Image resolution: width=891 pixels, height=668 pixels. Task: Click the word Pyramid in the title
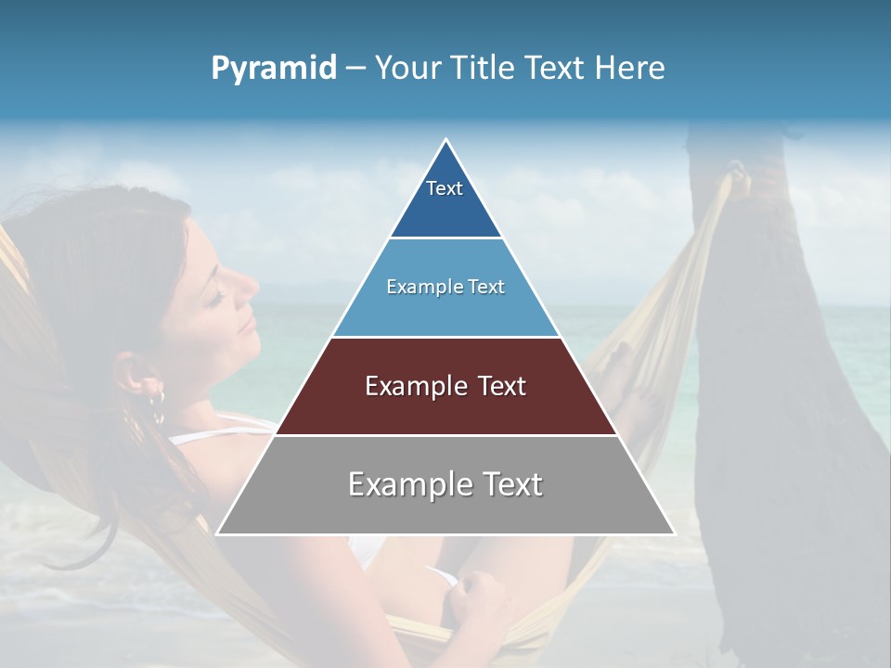point(274,69)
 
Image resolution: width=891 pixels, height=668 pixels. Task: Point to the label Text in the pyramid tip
point(445,188)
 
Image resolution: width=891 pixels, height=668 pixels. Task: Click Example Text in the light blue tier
point(445,287)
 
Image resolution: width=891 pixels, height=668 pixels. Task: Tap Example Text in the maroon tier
point(445,386)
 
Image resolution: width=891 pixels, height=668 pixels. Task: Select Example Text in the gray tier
point(445,484)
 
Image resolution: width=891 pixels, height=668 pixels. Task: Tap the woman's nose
point(248,286)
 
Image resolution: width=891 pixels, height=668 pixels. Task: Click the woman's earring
point(157,401)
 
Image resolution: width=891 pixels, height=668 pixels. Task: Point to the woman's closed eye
point(215,299)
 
